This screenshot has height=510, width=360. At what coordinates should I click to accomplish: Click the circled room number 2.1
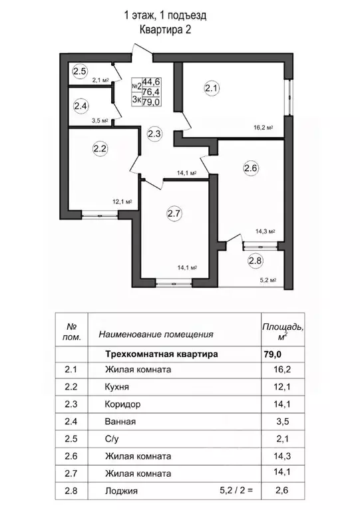coord(212,88)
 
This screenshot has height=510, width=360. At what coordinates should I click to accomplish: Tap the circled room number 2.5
coord(80,71)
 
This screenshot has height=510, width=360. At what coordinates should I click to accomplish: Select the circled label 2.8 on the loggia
coord(256,261)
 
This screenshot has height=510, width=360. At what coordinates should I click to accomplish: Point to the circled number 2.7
coord(174,213)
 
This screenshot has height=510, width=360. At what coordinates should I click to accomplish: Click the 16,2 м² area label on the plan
coord(263,128)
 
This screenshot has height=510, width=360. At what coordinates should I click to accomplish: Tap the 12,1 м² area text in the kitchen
coord(122,201)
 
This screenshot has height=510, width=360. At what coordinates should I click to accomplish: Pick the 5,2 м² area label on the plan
coord(268,280)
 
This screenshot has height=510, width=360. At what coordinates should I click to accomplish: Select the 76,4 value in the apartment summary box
coord(151,92)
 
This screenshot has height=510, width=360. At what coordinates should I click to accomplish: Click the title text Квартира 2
coord(165,30)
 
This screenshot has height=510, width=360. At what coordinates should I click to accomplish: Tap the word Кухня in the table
coord(117,387)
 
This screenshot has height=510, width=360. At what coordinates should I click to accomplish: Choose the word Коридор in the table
coord(122,404)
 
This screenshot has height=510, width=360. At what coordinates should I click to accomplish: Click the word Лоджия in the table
coord(121,491)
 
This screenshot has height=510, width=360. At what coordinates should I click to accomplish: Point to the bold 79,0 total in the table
coord(272,354)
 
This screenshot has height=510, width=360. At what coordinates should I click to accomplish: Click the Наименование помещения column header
coord(156,334)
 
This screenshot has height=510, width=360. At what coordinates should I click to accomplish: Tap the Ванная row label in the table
coord(120,422)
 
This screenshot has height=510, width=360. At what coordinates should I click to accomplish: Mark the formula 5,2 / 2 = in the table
coord(236,490)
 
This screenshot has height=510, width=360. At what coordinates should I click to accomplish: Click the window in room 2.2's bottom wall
coord(100,215)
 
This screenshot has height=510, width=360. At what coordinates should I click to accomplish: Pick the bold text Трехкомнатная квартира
coord(162,354)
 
